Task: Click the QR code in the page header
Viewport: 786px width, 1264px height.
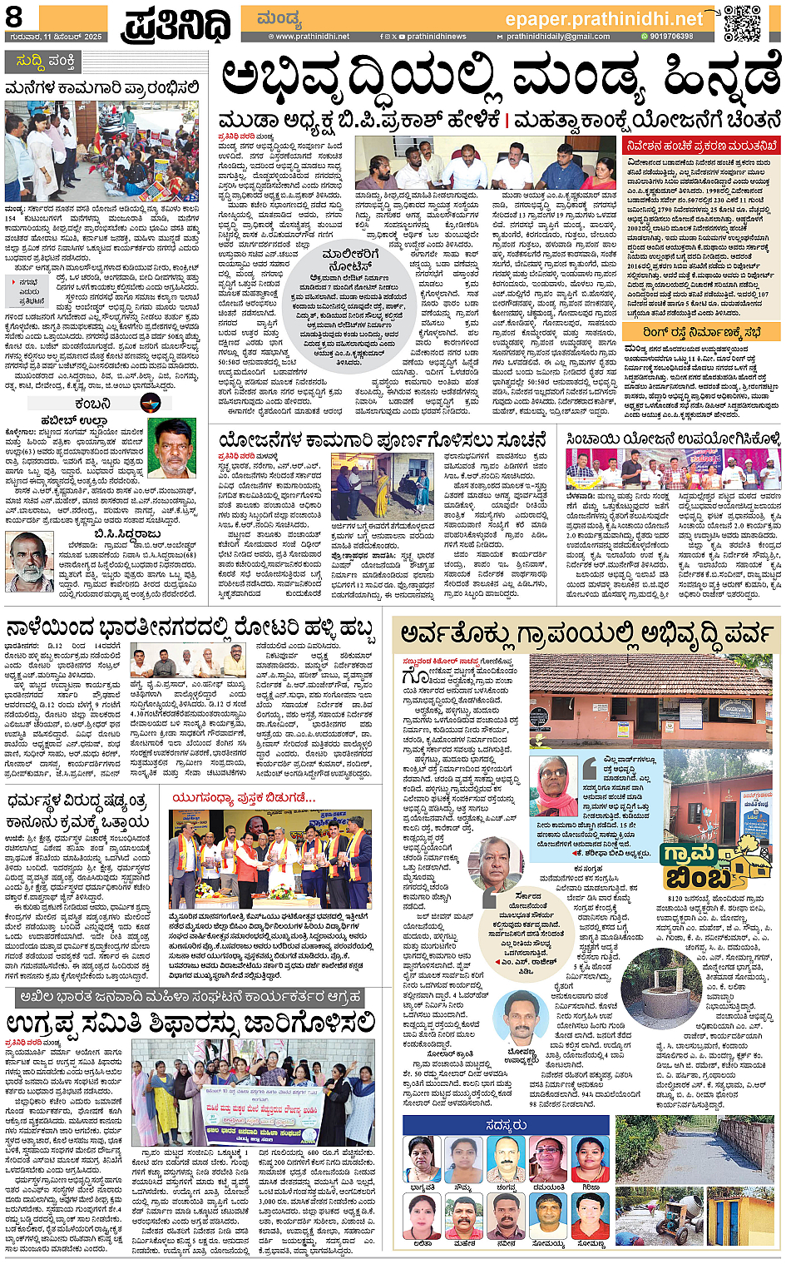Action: tap(742, 22)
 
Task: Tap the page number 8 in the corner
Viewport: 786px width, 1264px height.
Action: tap(14, 17)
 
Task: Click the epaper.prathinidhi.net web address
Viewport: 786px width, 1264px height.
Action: tap(604, 18)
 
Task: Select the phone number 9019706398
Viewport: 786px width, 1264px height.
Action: tap(671, 37)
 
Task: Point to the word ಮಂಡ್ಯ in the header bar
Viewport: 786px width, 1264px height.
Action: tap(279, 18)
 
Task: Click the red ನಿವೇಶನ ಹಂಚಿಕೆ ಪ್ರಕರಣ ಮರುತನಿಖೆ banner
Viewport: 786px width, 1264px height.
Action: tap(702, 146)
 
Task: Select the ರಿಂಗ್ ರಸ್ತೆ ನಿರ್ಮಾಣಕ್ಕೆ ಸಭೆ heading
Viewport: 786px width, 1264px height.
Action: tap(700, 332)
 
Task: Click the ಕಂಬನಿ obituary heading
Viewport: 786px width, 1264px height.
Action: tap(91, 403)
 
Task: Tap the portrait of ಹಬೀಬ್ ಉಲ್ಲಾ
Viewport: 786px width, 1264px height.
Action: tap(171, 447)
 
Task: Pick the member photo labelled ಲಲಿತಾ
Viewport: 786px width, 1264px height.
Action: tap(423, 1217)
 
